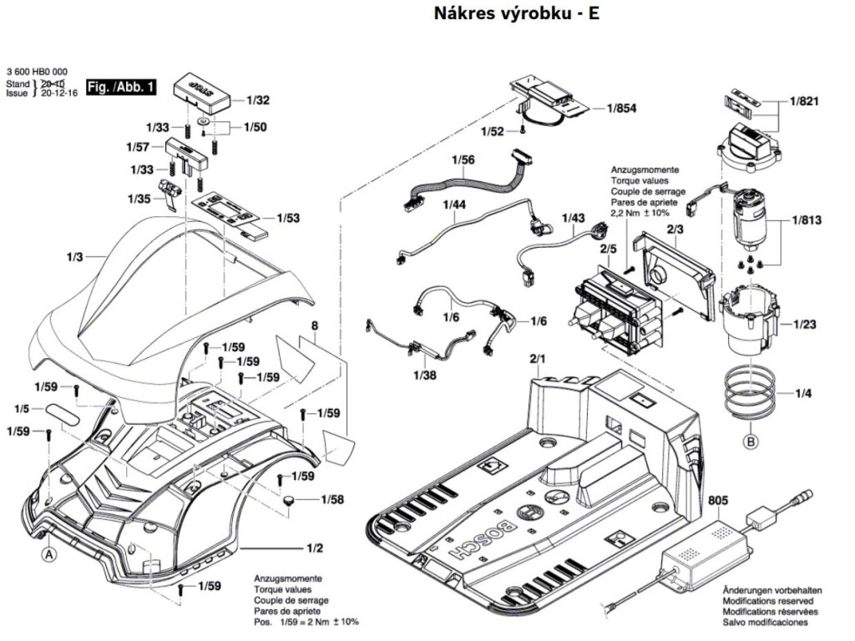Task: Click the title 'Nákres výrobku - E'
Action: coord(517,14)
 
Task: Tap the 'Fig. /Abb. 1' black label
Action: coord(121,87)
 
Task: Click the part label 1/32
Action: coord(258,100)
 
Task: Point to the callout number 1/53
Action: coord(287,218)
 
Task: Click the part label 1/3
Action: coord(74,257)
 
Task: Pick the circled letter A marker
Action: coord(50,553)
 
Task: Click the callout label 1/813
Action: coord(807,221)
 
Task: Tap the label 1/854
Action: coord(621,109)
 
